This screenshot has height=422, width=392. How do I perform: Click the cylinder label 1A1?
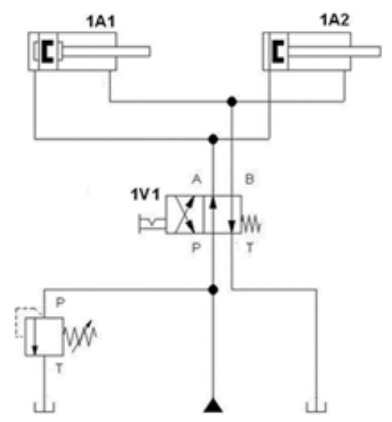pos(100,21)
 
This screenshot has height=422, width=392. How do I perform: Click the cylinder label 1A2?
pos(334,20)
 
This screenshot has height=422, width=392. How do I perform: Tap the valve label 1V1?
pos(145,194)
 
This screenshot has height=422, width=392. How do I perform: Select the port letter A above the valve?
pos(197,179)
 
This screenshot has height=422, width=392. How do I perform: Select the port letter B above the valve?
pos(249,179)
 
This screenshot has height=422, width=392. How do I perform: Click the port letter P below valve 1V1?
pos(196,247)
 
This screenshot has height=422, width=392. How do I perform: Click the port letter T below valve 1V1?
pos(249,247)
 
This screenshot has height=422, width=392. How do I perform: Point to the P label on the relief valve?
pos(60,303)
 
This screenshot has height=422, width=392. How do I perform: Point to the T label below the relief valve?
pos(59,368)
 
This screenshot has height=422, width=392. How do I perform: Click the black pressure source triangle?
pos(213,405)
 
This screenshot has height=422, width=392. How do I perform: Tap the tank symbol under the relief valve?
pos(45,407)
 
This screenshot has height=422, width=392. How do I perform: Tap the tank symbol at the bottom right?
pos(316,407)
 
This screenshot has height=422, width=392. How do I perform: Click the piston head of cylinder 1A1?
pos(47,51)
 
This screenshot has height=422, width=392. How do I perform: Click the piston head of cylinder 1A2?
pos(278,51)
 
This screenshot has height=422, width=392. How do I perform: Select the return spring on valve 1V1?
pos(251,223)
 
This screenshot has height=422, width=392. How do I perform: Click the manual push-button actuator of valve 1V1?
pos(152,223)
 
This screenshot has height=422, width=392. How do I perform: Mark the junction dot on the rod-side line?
pos(232,102)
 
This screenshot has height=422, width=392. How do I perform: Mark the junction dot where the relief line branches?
pos(213,290)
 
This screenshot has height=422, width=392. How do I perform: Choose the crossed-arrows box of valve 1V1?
pos(185,215)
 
